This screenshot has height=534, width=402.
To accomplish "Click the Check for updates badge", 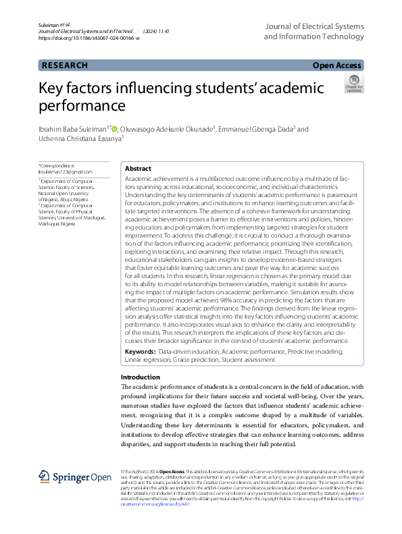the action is [x=353, y=84].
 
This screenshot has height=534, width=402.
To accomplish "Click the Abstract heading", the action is [x=139, y=169].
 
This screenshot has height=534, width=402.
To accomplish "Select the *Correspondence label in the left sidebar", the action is [x=57, y=165].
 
